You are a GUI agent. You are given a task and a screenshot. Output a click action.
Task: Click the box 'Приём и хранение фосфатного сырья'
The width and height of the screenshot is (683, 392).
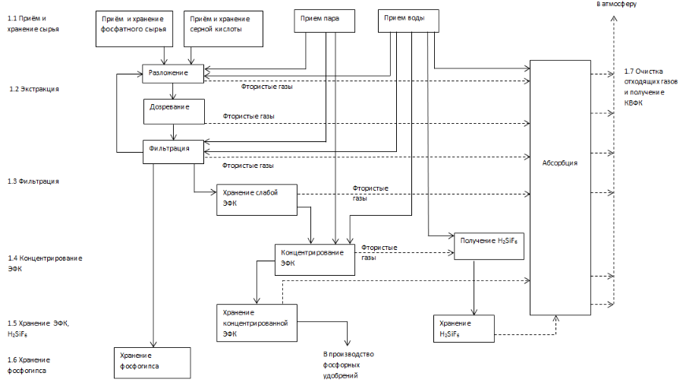(x=134, y=29)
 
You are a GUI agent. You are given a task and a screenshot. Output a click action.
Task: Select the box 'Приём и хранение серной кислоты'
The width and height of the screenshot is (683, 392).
(x=223, y=29)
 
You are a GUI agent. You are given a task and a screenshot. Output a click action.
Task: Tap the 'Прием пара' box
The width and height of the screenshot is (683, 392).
(x=325, y=21)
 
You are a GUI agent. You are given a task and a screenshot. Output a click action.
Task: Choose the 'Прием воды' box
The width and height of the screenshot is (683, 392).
(x=408, y=21)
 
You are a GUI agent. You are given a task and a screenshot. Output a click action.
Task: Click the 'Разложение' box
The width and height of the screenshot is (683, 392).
(x=173, y=74)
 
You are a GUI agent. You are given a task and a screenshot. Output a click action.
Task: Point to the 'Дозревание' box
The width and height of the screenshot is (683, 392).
(x=174, y=112)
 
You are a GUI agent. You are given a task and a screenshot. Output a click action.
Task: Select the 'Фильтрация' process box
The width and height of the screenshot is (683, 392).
(x=173, y=152)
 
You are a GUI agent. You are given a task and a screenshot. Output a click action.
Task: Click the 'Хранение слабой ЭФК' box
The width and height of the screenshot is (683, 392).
(x=257, y=200)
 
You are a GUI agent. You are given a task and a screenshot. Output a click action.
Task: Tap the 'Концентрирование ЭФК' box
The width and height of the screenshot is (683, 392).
(x=315, y=260)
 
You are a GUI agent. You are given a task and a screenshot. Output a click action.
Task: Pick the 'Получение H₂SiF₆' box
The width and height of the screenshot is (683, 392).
(x=489, y=246)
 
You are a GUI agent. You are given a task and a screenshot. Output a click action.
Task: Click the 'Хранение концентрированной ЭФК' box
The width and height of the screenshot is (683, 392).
(x=257, y=323)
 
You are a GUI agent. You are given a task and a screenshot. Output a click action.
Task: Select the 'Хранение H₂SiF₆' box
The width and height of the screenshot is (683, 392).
(x=464, y=329)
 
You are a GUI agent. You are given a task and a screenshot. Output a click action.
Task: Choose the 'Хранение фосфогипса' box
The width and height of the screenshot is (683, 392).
(x=153, y=363)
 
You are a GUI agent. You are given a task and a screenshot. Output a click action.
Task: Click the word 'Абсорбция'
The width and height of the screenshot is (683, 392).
(x=560, y=163)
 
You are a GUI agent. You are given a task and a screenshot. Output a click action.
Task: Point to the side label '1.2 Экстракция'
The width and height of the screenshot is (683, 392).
(x=34, y=89)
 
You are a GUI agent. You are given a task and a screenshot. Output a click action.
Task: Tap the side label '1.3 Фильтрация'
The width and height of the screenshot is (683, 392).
(x=33, y=182)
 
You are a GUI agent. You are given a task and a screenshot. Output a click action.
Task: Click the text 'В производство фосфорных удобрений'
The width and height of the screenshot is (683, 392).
(x=348, y=365)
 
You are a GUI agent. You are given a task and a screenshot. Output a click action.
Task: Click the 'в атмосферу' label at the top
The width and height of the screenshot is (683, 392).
(x=616, y=4)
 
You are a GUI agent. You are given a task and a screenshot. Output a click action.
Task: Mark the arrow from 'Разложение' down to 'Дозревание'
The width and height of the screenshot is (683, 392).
(x=173, y=91)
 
